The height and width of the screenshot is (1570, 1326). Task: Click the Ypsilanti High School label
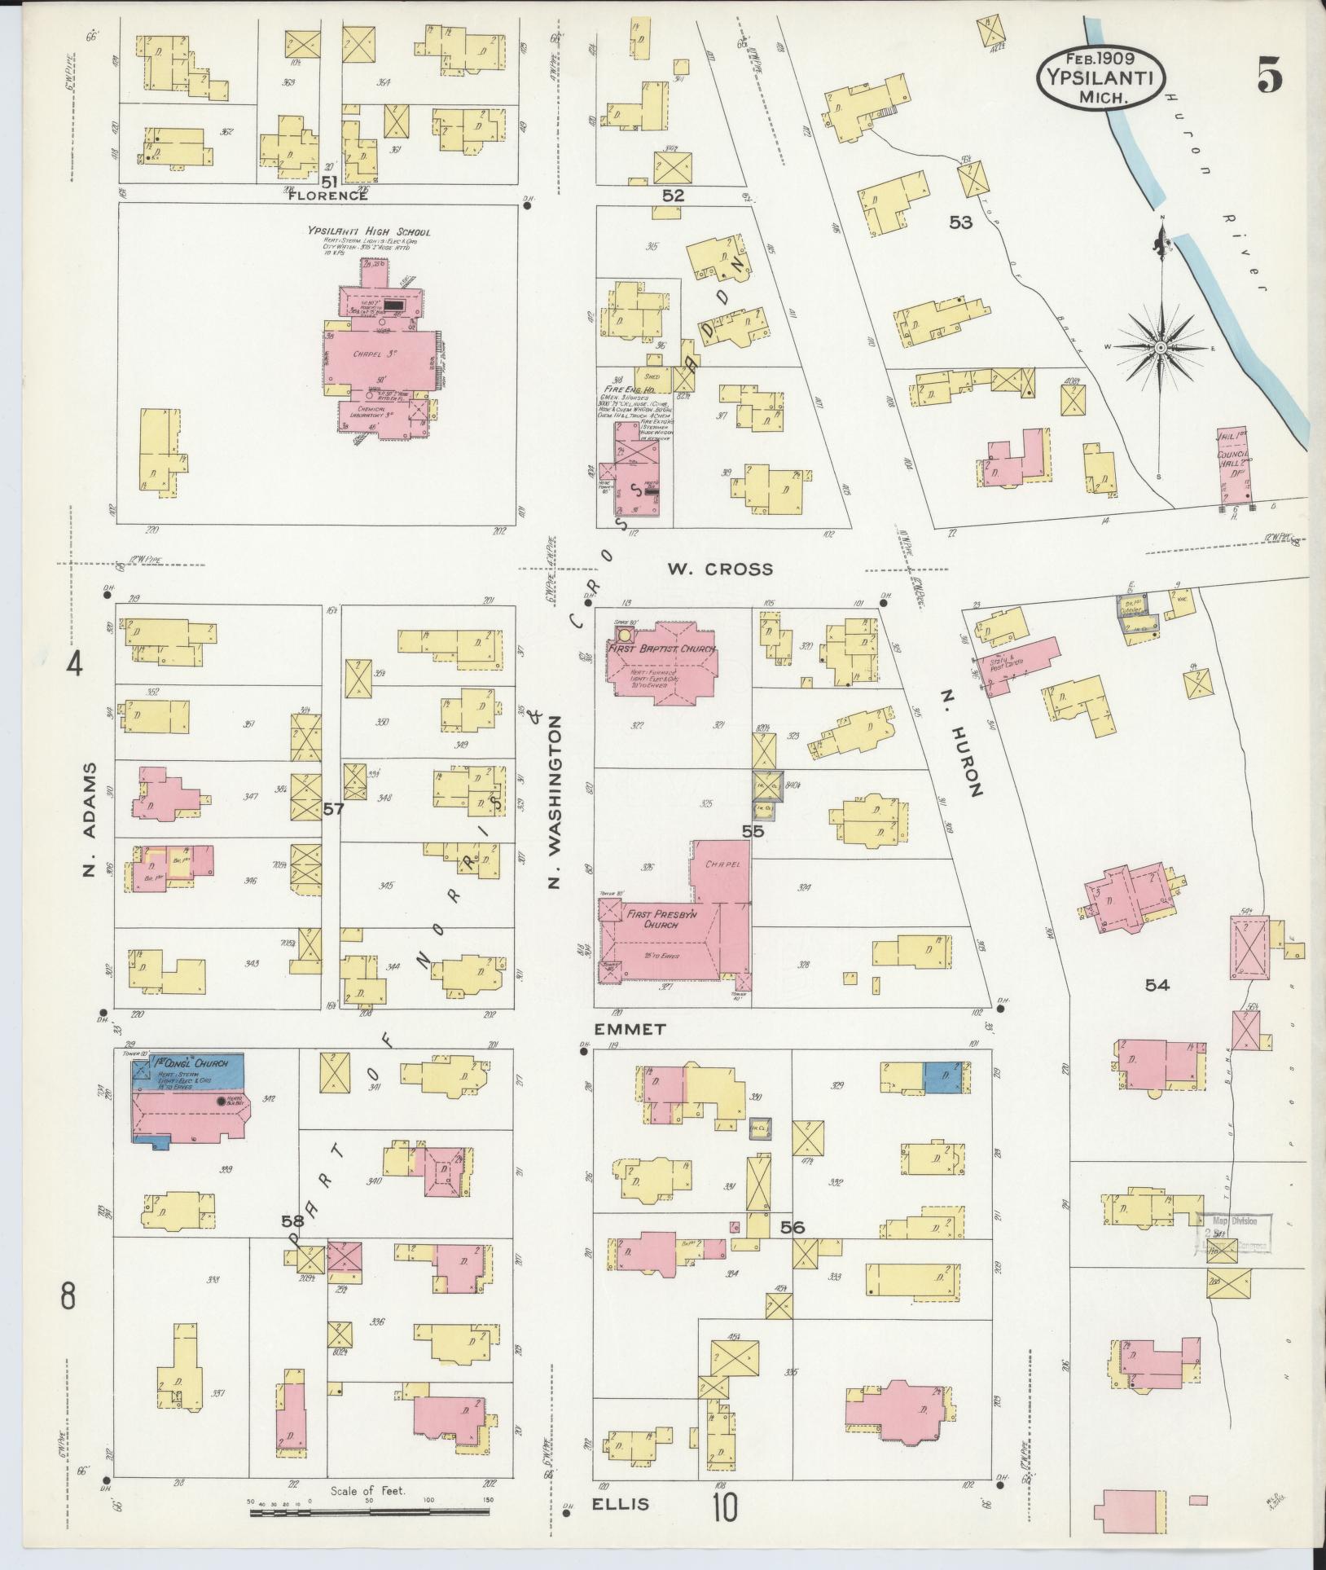point(369,231)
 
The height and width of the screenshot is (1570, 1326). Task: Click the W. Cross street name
point(720,569)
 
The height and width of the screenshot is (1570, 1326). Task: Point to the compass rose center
point(1158,348)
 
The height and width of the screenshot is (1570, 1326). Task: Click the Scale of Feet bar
point(371,1513)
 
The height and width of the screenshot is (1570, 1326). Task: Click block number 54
point(1157,985)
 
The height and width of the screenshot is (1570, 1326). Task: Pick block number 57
point(333,809)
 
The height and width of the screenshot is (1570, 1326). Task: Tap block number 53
point(960,222)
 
